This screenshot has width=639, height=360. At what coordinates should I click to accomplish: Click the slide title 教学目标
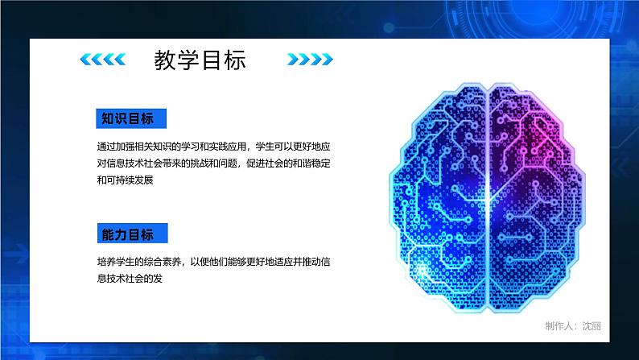click(200, 60)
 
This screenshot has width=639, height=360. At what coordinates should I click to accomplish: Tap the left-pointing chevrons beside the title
click(103, 60)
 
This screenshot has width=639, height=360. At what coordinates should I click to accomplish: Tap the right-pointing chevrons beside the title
click(309, 60)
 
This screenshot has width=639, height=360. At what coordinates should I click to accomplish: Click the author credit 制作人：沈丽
click(573, 325)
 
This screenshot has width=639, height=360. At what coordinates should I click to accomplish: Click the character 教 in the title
click(165, 60)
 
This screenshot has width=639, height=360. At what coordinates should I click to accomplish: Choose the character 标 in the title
click(234, 60)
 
